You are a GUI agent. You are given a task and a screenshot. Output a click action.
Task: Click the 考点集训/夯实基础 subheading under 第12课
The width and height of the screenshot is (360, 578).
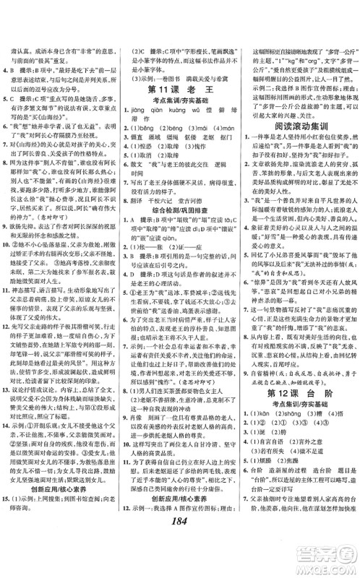pyautogui.click(x=298, y=425)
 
